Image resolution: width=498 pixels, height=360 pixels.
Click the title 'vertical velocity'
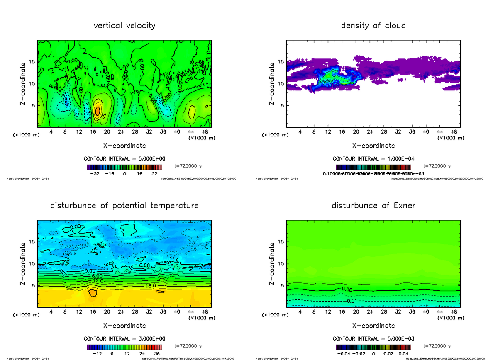coord(124,26)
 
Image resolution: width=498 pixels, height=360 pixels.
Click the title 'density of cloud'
coord(373,26)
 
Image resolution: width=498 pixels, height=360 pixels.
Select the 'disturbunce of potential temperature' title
coord(124,206)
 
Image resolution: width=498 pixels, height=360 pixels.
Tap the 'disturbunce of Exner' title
coord(373,206)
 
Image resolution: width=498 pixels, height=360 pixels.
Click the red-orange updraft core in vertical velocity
coord(97,111)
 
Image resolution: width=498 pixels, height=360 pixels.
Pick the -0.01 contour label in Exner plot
coord(351,301)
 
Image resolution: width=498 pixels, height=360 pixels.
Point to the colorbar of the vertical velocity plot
coord(124,167)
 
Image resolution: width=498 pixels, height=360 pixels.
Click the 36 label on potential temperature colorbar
coord(157,354)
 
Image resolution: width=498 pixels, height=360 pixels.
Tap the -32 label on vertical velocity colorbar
coord(97,174)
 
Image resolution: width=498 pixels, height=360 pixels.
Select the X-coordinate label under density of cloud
coord(373,146)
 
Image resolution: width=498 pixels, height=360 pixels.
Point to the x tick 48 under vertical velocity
coord(205,132)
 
